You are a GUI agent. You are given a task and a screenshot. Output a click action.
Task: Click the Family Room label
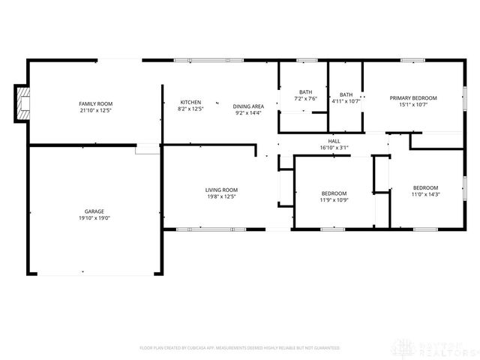pyautogui.click(x=95, y=103)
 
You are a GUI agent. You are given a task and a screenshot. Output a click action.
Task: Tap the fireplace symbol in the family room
pyautogui.click(x=24, y=103)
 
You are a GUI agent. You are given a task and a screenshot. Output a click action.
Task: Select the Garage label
pyautogui.click(x=95, y=211)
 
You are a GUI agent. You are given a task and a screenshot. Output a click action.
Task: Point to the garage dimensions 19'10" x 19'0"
pyautogui.click(x=95, y=218)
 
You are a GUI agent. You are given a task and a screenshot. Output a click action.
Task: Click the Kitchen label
pyautogui.click(x=190, y=102)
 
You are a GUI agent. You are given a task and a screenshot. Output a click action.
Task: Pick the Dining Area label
pyautogui.click(x=248, y=106)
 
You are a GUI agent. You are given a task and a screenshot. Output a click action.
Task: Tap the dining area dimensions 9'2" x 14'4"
pyautogui.click(x=248, y=113)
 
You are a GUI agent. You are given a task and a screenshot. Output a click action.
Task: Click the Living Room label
pyautogui.click(x=221, y=190)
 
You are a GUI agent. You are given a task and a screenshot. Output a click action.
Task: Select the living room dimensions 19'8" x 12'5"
pyautogui.click(x=221, y=196)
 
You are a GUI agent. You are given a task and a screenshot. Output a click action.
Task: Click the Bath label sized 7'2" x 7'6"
pyautogui.click(x=305, y=91)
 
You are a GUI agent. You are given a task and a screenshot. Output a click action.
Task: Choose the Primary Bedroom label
pyautogui.click(x=412, y=97)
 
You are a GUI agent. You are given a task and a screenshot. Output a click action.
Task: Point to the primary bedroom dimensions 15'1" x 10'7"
pyautogui.click(x=412, y=104)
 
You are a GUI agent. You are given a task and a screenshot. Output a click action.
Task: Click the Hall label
pyautogui.click(x=334, y=140)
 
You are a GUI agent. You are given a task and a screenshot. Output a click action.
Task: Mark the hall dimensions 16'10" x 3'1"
pyautogui.click(x=334, y=147)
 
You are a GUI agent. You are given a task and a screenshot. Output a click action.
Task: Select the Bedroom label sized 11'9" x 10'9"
pyautogui.click(x=334, y=193)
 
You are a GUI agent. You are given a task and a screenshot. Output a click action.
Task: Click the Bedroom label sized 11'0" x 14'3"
pyautogui.click(x=425, y=187)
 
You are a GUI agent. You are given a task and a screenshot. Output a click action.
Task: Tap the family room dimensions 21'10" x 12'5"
pyautogui.click(x=95, y=110)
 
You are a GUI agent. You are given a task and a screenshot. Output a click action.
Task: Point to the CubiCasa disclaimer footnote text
pyautogui.click(x=239, y=348)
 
